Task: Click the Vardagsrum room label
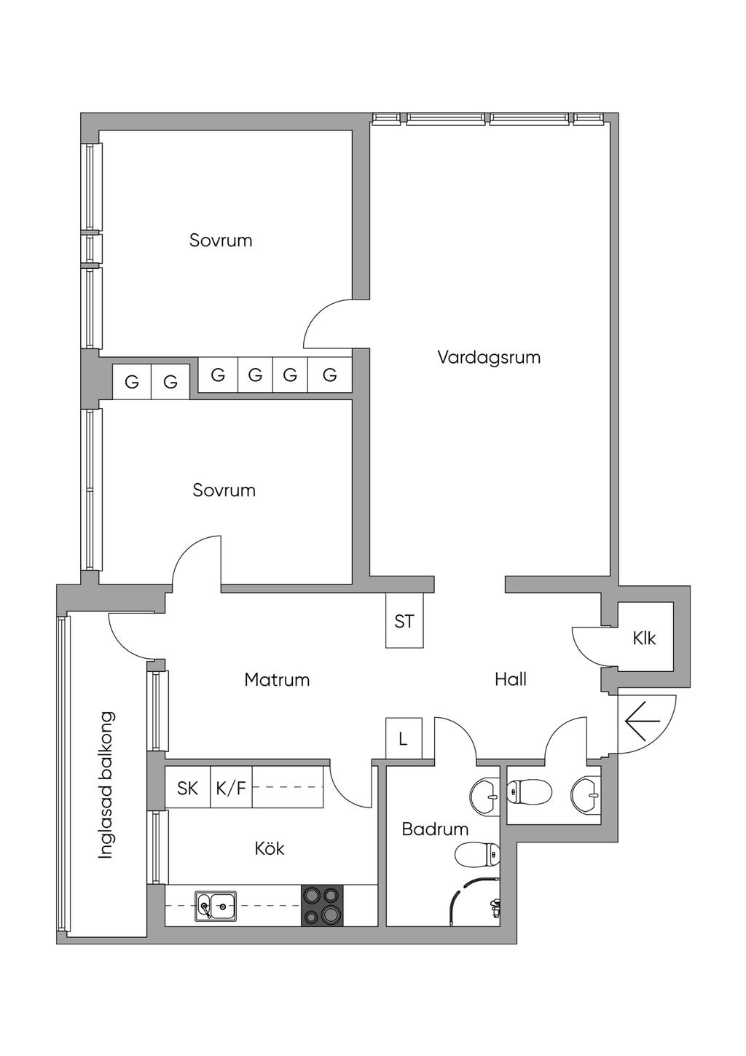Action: (489, 358)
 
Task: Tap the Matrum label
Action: (277, 680)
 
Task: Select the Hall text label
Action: (510, 680)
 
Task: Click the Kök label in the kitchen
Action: (270, 848)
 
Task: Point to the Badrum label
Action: (435, 829)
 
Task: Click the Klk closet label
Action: (644, 639)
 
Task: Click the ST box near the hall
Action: (404, 622)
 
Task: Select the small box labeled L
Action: (403, 739)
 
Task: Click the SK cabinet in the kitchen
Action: (188, 788)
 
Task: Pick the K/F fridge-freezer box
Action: (231, 788)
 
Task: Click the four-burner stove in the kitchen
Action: (321, 905)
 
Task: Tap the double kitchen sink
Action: (215, 907)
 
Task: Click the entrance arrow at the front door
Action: (643, 721)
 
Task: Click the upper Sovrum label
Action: (221, 240)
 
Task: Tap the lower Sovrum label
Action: (224, 490)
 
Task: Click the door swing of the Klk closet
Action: (589, 643)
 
